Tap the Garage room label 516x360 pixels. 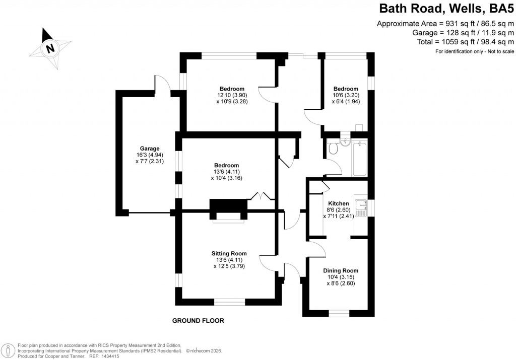pyautogui.click(x=150, y=149)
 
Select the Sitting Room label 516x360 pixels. pyautogui.click(x=229, y=253)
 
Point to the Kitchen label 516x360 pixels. pyautogui.click(x=338, y=203)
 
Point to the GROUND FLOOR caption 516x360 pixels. pyautogui.click(x=198, y=321)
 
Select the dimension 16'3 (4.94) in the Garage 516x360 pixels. pyautogui.click(x=150, y=155)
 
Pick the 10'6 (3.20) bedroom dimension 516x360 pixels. pyautogui.click(x=345, y=95)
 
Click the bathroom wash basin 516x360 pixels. pyautogui.click(x=345, y=140)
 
